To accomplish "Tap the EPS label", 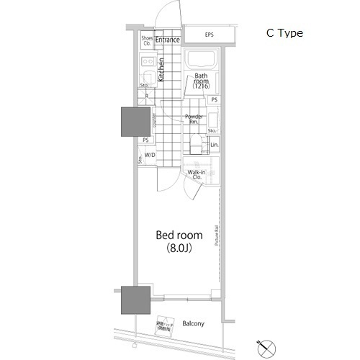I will click(209, 35).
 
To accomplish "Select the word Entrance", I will click(167, 40).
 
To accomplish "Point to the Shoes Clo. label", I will click(147, 40).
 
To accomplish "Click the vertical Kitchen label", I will click(162, 70).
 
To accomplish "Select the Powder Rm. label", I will click(193, 119).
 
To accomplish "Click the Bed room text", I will click(179, 235).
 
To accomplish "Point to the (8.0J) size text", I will click(179, 249).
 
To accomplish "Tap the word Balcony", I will click(192, 324).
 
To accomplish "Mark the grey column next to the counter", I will click(134, 121).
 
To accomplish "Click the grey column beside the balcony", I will click(134, 300).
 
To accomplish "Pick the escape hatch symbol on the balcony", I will click(164, 325).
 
